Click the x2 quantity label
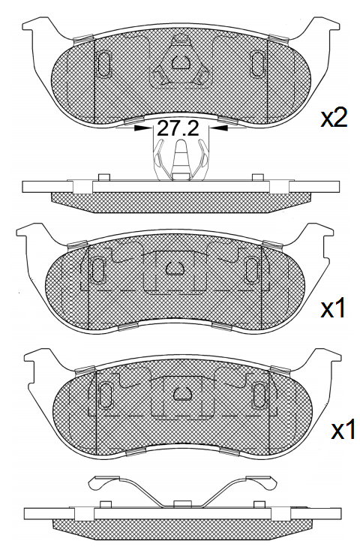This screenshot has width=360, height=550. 334,119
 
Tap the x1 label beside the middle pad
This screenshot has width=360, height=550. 333,308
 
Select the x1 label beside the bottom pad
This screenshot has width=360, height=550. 341,430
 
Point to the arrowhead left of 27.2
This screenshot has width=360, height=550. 142,128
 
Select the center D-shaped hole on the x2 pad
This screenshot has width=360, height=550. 181,64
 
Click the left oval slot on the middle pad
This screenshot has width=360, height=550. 97,269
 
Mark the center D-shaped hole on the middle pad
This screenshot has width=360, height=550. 175,267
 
